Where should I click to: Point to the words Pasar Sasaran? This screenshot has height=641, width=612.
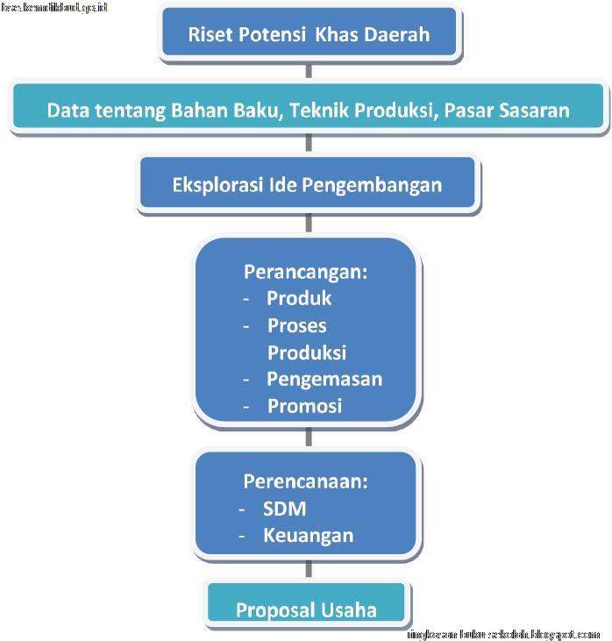(x=507, y=110)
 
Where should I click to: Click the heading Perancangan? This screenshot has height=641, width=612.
(x=306, y=271)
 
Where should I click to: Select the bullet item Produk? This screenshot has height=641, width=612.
(x=300, y=298)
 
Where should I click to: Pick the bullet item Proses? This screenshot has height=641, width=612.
(x=297, y=325)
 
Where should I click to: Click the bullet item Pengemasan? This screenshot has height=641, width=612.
(x=324, y=379)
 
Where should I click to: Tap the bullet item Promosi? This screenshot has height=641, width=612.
(x=304, y=406)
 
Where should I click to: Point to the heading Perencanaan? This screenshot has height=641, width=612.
(x=305, y=481)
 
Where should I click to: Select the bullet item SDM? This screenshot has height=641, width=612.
(x=285, y=509)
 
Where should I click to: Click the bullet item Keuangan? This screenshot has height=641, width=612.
(x=309, y=535)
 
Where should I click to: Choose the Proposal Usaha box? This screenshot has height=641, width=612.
(x=307, y=609)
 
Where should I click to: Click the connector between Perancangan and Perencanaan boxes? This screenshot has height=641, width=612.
(x=308, y=437)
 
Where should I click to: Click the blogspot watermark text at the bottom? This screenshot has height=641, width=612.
(x=504, y=633)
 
